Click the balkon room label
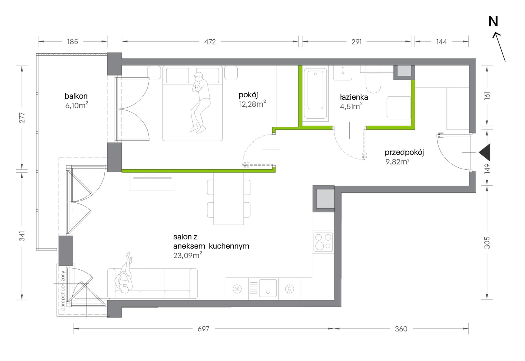tap(76, 96)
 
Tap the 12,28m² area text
tap(253, 104)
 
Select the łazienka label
tap(354, 97)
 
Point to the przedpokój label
tap(404, 152)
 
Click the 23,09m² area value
tap(188, 255)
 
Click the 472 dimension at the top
tap(210, 42)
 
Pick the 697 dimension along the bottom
tap(203, 329)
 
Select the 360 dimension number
tap(401, 329)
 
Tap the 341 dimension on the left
tap(22, 236)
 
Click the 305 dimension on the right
tap(487, 243)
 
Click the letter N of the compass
tap(493, 21)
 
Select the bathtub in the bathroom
tap(316, 94)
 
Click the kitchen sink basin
tap(268, 288)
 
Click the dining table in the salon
tap(229, 199)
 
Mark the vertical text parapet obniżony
tap(63, 290)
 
